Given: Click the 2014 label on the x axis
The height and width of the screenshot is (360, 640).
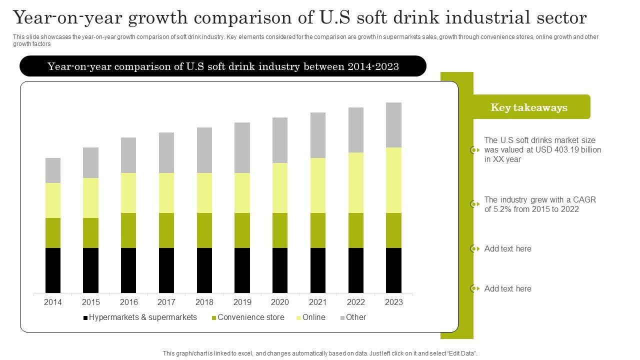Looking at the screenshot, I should click(53, 302).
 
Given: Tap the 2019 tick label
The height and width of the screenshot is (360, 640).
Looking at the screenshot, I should click(242, 302).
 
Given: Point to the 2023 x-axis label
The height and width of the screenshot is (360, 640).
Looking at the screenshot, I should click(394, 302).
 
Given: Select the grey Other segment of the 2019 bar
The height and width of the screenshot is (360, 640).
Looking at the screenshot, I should click(242, 147).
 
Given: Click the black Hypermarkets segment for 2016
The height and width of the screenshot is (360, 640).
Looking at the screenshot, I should click(128, 270).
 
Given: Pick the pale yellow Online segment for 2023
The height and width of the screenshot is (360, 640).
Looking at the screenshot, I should click(394, 180).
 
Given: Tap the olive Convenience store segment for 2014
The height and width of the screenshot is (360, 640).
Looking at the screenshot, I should click(53, 232).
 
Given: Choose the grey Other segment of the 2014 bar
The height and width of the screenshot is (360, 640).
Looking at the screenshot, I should click(53, 170).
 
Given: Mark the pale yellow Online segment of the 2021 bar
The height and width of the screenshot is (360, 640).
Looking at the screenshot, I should click(318, 185).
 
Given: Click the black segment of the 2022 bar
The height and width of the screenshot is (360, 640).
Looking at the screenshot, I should click(356, 270).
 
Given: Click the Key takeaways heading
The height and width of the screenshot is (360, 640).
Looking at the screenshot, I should click(529, 107).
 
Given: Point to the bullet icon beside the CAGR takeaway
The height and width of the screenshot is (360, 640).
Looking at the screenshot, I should click(474, 204).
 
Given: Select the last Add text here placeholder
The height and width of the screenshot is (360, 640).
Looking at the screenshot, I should click(507, 288).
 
